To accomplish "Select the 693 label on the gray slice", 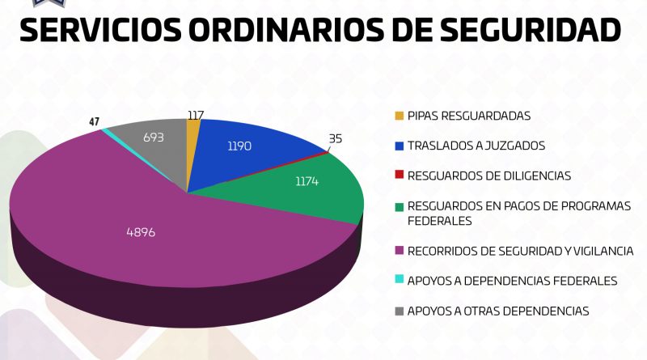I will (153, 138).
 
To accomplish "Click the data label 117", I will (194, 116).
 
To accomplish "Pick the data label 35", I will (335, 138).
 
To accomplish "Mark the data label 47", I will (95, 122).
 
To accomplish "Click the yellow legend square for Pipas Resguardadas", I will (399, 116).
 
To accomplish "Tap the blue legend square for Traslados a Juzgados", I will (399, 146).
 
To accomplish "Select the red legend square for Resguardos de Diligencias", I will (399, 176).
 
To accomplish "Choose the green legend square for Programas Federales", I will (399, 206).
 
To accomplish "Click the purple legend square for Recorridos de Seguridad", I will (399, 251).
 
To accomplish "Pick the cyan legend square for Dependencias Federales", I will (399, 281).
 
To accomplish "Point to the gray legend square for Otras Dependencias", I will (399, 311).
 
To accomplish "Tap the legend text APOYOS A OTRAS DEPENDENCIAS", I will (497, 311).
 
